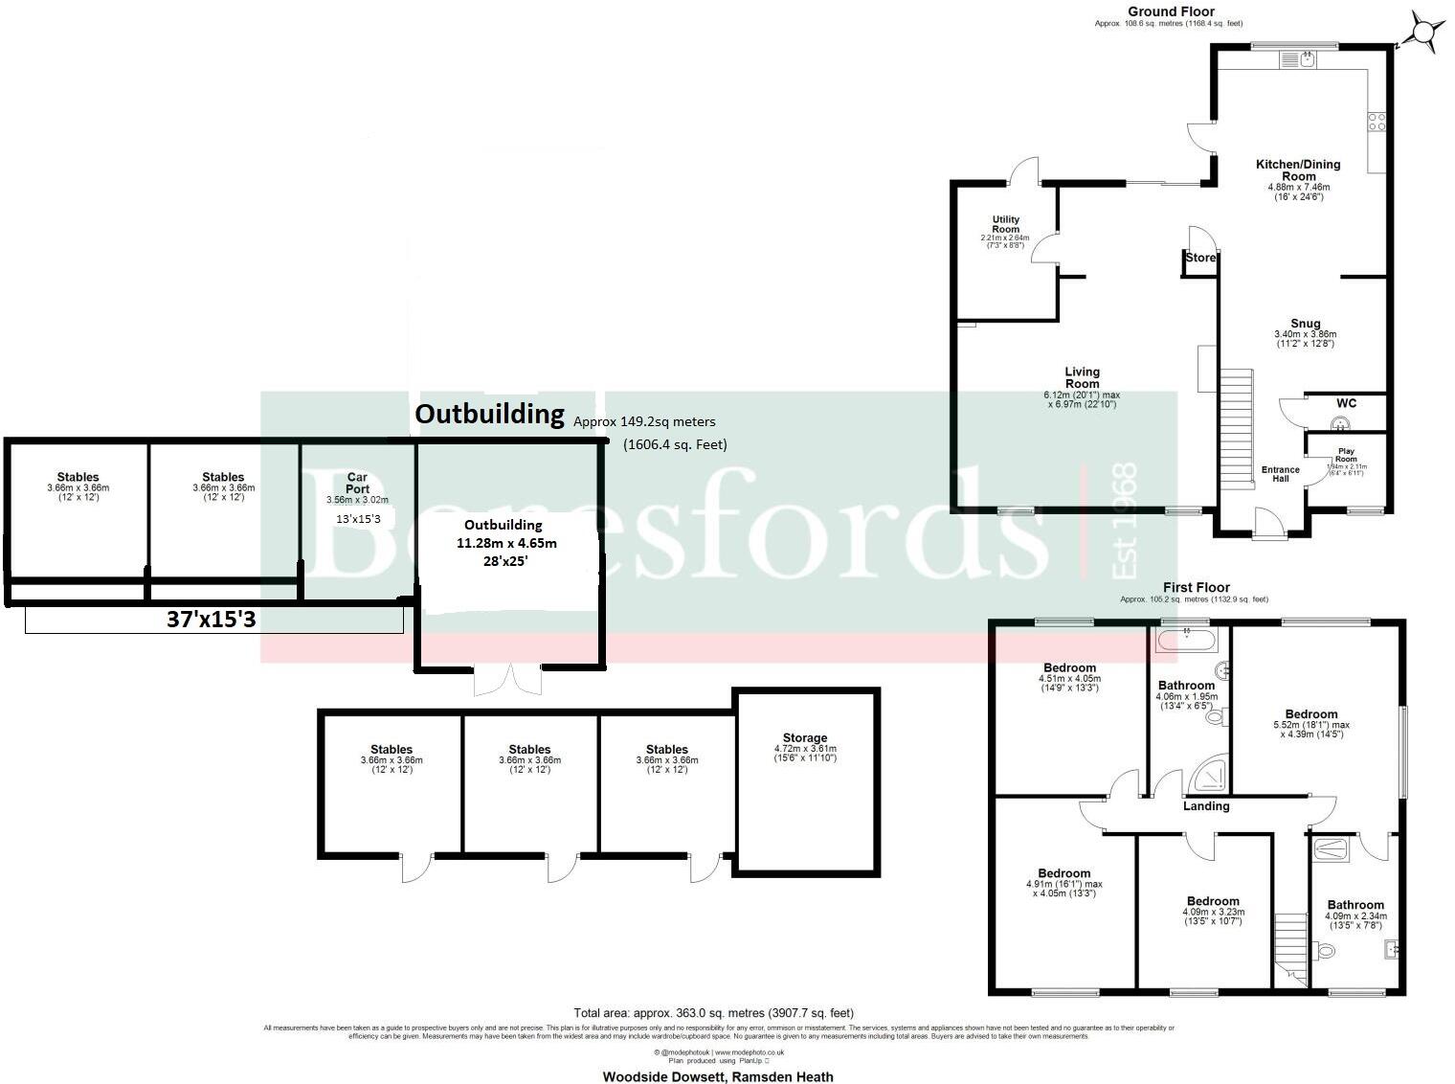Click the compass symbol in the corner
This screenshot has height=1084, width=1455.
[x=1423, y=32]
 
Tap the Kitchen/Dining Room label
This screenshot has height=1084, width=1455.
[x=1298, y=170]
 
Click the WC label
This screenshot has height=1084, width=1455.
[x=1346, y=402]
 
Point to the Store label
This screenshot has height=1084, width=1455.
[x=1200, y=258]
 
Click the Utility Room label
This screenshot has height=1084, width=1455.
[x=1005, y=225]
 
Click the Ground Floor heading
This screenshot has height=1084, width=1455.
[x=1170, y=11]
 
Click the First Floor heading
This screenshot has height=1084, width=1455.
[x=1196, y=587]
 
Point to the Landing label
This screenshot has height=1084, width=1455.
[x=1205, y=806]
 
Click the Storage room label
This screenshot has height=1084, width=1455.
[x=804, y=738]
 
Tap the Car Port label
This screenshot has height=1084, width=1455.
[x=357, y=483]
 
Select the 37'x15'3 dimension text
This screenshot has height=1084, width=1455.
[x=211, y=620]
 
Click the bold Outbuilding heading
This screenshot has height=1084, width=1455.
[x=489, y=414]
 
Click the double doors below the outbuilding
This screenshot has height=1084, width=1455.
[x=508, y=679]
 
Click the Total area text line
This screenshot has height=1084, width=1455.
[x=713, y=1012]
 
